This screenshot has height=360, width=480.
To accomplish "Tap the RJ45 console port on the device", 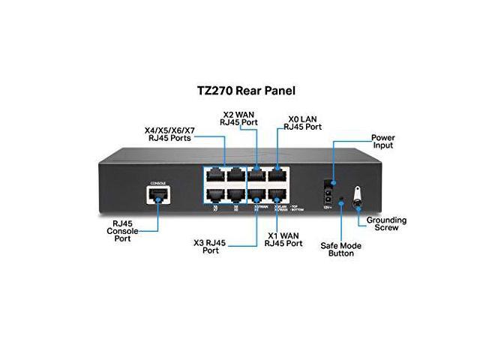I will (x=158, y=196).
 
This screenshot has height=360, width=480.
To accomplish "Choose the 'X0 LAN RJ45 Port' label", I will (x=300, y=123).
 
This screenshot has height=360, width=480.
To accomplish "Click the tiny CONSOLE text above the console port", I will (x=157, y=183).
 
